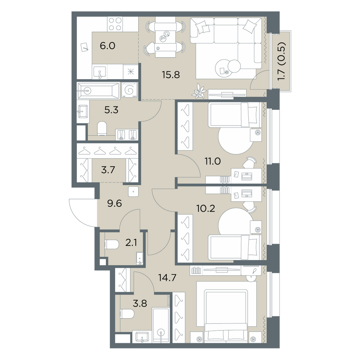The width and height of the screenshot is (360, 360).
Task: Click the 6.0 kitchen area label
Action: click(107, 46)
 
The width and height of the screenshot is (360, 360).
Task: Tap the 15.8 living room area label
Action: click(171, 75)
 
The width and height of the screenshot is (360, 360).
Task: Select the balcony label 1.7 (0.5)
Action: click(281, 62)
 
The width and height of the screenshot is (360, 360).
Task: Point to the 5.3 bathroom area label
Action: click(111, 110)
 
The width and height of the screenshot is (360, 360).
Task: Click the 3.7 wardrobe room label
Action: click(108, 170)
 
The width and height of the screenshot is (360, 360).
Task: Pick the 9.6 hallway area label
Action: click(114, 203)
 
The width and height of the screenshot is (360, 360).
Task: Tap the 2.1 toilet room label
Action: click(131, 242)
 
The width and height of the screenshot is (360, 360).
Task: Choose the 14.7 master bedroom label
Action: click(167, 278)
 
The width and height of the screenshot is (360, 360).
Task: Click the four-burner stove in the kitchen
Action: click(115, 24)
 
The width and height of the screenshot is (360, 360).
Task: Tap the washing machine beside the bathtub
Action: click(130, 90)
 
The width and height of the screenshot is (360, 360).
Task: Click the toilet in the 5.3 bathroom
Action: click(102, 129)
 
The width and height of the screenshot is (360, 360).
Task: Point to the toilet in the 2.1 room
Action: click(112, 245)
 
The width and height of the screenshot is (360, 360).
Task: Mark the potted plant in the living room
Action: click(199, 92)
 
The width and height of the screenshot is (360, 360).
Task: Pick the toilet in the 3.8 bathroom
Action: click(127, 314)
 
